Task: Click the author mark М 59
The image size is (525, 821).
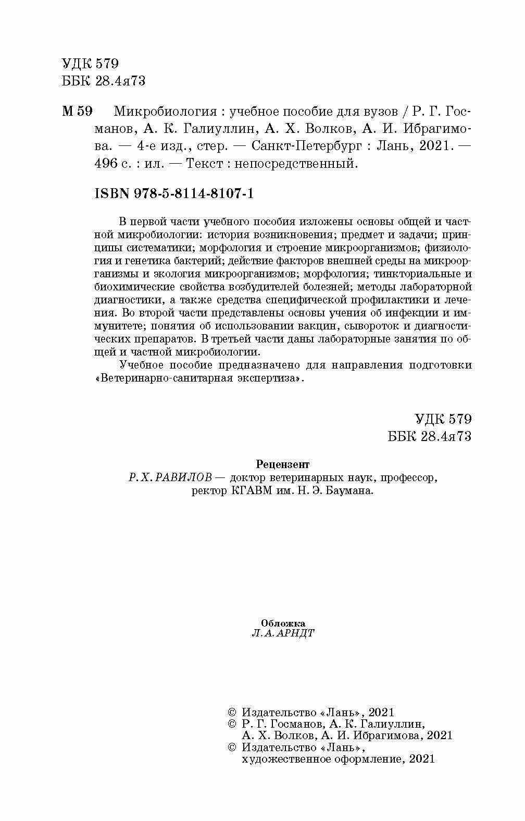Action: coord(77,112)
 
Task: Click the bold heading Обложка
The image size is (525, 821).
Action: coord(283,623)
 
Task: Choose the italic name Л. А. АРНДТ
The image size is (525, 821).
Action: coord(283,633)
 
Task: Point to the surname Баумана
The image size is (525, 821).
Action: coord(353,491)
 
